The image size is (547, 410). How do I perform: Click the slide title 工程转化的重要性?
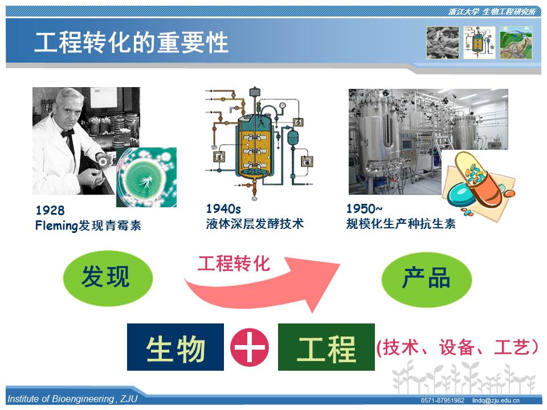pos(131,43)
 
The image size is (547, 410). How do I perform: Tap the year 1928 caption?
pos(50,210)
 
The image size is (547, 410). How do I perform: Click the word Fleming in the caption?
pos(56,225)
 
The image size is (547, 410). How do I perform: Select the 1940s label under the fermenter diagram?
pos(223,209)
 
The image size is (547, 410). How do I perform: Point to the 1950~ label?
pos(364,209)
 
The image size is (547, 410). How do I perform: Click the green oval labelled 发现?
pos(108,278)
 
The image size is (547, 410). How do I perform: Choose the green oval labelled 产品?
pos(427,280)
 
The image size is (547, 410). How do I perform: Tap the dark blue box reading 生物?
pos(175,347)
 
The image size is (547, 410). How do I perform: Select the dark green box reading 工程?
pos(326,347)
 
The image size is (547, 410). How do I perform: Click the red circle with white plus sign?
pos(250,347)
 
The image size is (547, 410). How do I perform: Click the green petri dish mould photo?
pos(146,177)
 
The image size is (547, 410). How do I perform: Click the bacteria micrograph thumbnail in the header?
pos(442,43)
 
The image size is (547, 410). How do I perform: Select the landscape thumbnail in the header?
pos(516,43)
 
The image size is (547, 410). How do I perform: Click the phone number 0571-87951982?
pos(442,400)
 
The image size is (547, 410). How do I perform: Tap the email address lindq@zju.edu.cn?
pos(496,400)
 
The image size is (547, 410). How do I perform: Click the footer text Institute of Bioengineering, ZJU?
pos(72,399)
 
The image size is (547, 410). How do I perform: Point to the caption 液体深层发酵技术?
pos(255,223)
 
